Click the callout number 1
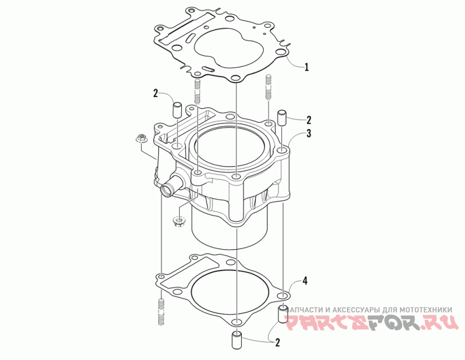[x=307, y=67]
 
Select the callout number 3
[x=309, y=134]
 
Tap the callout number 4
[x=304, y=280]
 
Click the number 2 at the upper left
[x=156, y=93]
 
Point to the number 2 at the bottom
[x=278, y=343]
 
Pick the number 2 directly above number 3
[x=309, y=120]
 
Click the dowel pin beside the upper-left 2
[x=177, y=110]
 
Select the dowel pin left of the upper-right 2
[x=281, y=118]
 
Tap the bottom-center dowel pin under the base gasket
[x=237, y=340]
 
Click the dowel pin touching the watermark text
[x=282, y=314]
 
